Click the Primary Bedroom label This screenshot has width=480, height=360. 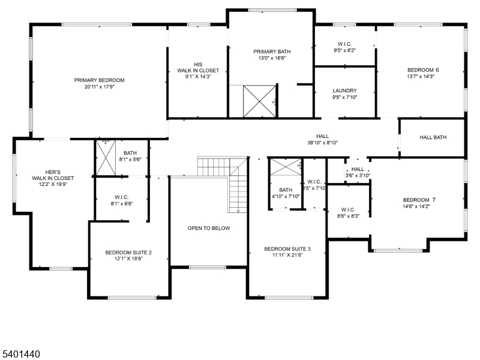pos(99,80)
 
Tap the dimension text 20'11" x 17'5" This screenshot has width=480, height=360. pos(99,87)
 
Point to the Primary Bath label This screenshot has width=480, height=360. pos(272,52)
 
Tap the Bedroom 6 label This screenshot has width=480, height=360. pos(423,70)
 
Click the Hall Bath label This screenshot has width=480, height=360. pos(433,137)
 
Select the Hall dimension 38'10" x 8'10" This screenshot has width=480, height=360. pos(323,143)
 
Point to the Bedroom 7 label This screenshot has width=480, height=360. pos(419,200)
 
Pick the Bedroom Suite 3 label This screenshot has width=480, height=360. pos(287,248)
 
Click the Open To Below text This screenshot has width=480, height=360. pos(209,228)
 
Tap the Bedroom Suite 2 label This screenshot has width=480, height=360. pos(128,253)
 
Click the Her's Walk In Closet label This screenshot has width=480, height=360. pos(53,175)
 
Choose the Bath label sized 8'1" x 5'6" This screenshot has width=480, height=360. pos(130,153)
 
